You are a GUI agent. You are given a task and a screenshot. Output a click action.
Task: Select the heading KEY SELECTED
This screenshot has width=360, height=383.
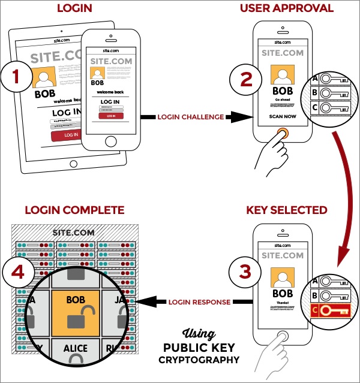(286, 210)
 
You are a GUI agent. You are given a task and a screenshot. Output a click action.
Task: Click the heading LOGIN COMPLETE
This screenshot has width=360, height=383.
(75, 210)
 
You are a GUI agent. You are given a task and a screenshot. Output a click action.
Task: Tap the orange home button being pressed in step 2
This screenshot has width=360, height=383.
(283, 132)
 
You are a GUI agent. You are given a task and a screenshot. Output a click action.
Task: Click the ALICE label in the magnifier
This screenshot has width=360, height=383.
(76, 348)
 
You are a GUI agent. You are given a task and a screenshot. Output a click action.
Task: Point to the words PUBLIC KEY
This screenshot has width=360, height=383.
(199, 348)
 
